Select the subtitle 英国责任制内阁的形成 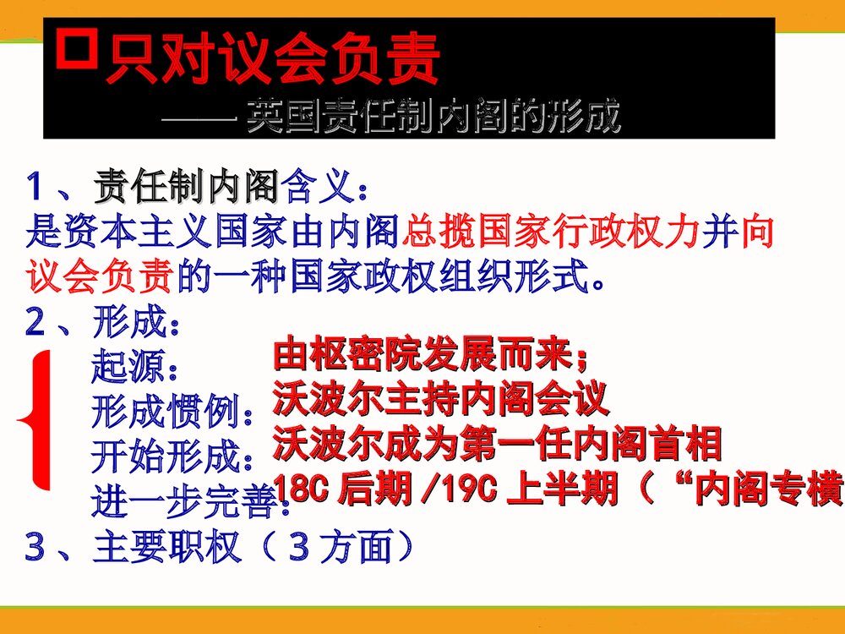(x=432, y=118)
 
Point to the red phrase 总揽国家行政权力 (x=553, y=231)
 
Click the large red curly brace (x=35, y=419)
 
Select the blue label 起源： (x=134, y=369)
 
